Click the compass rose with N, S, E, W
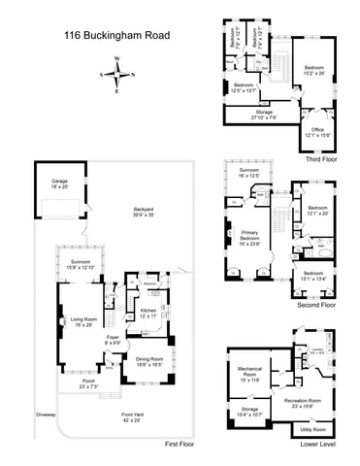pyautogui.click(x=118, y=73)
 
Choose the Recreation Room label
pyautogui.click(x=309, y=400)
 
